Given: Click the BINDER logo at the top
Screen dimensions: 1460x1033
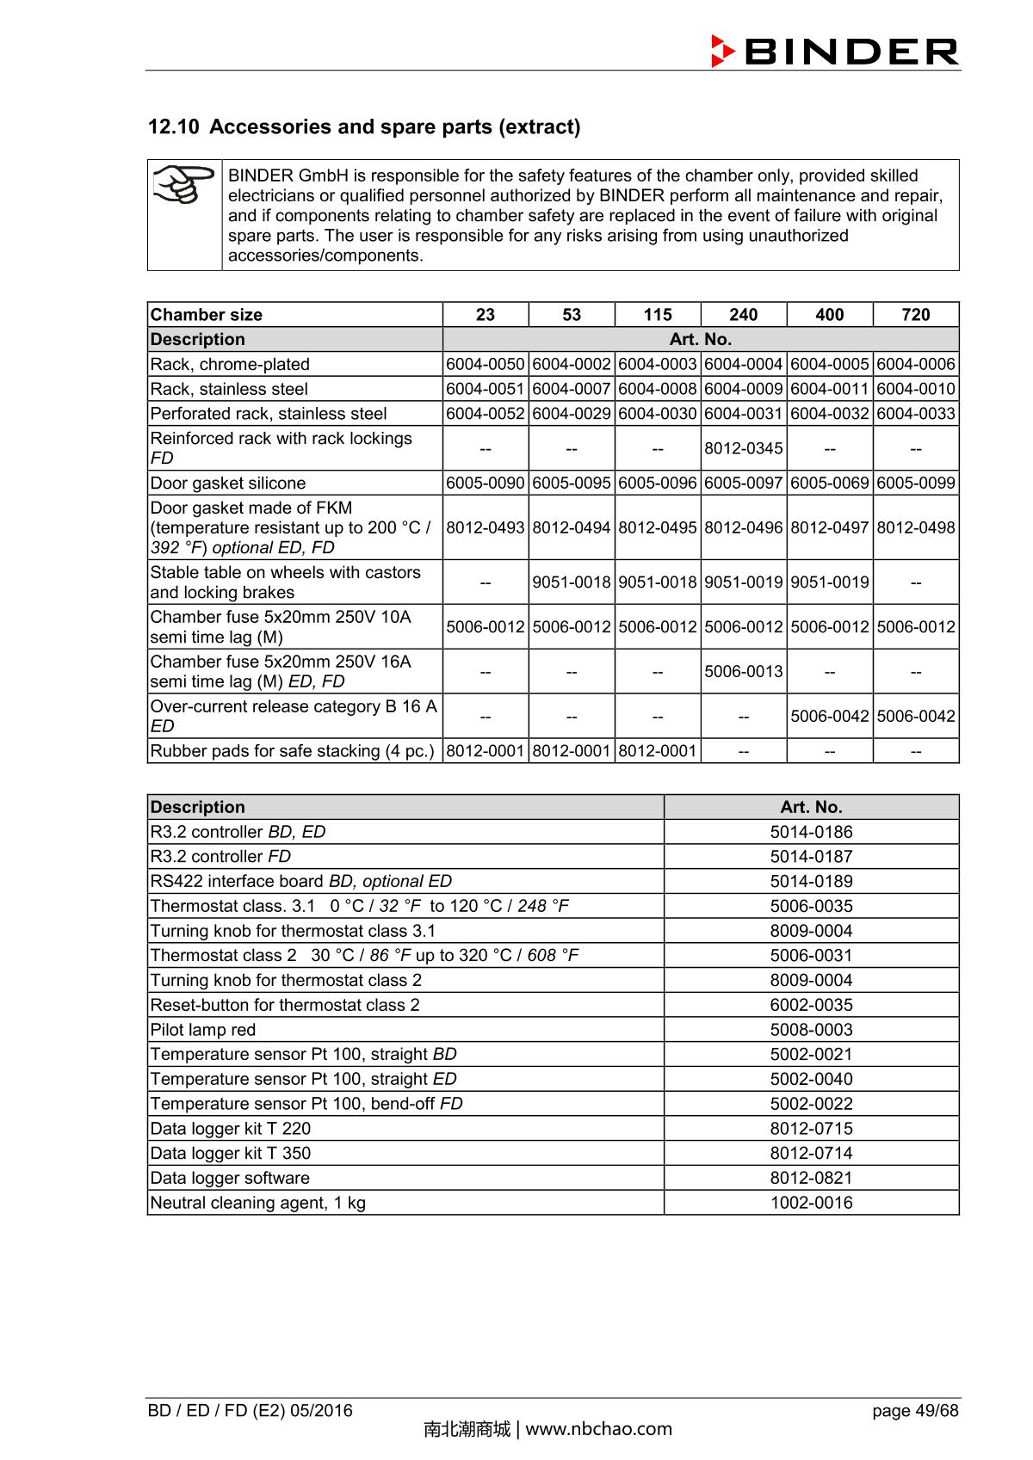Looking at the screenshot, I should [834, 52].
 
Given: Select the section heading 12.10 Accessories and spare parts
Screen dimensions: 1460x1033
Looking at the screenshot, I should [364, 127].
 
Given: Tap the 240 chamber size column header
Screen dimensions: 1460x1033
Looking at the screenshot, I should [743, 315].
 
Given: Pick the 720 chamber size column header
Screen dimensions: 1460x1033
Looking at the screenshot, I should [915, 315].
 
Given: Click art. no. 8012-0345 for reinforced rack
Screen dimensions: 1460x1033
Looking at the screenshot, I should [743, 448].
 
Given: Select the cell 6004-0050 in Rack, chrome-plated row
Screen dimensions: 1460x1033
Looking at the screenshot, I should [486, 364].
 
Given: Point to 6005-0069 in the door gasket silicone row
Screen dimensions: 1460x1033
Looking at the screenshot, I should [829, 483].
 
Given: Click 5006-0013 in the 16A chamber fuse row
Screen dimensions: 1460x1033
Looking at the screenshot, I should [743, 671].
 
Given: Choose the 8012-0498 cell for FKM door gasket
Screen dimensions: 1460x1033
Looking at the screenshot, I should [915, 527].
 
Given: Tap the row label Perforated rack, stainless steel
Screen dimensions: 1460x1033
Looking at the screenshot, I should [269, 414].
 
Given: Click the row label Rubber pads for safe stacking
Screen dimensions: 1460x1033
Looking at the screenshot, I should [292, 751].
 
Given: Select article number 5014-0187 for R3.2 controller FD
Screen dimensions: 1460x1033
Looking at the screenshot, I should [811, 857].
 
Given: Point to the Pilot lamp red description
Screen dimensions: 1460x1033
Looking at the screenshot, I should [203, 1030].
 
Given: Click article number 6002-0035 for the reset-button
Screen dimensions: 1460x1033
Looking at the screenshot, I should [811, 1005].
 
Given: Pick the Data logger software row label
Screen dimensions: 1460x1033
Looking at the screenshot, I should [230, 1179].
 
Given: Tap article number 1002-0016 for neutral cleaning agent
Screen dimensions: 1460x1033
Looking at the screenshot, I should [811, 1203].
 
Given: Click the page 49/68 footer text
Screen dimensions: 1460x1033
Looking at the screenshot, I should [914, 1410].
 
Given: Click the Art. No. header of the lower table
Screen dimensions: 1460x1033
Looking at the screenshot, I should [811, 807].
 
